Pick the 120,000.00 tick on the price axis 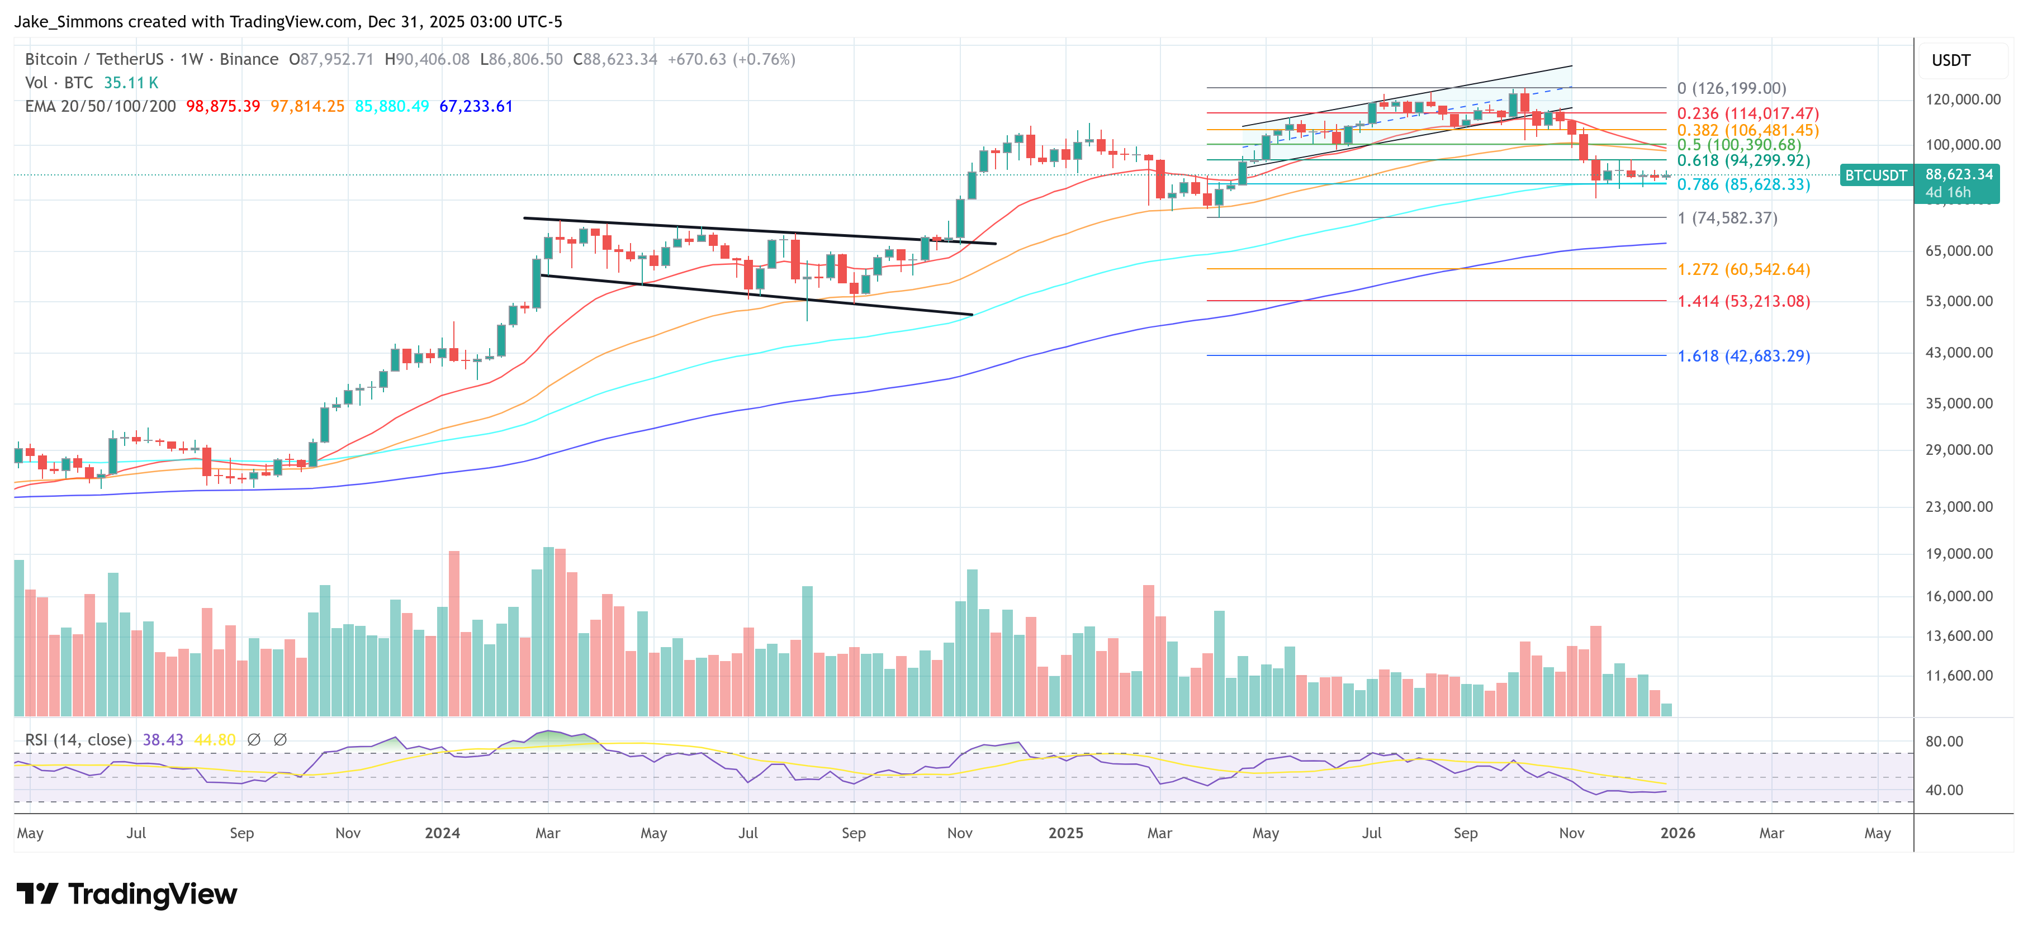(1962, 99)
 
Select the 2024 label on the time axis (442, 833)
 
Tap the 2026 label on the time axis (1677, 833)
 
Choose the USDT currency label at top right (1950, 60)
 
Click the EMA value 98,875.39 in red (223, 106)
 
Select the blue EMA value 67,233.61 (476, 106)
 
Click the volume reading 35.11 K (131, 83)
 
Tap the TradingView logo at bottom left (126, 894)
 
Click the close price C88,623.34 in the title (615, 59)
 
